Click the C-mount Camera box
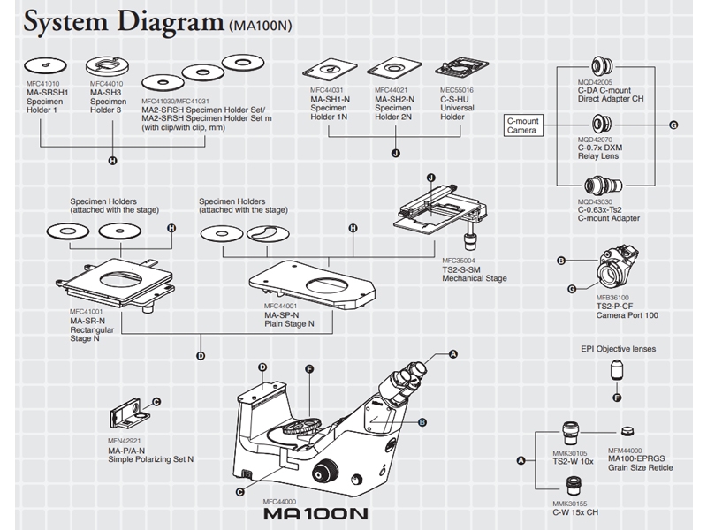click(521, 125)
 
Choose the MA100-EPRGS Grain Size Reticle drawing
click(627, 430)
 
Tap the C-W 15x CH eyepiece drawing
click(572, 484)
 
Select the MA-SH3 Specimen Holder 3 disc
click(108, 64)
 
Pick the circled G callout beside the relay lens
click(673, 125)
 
